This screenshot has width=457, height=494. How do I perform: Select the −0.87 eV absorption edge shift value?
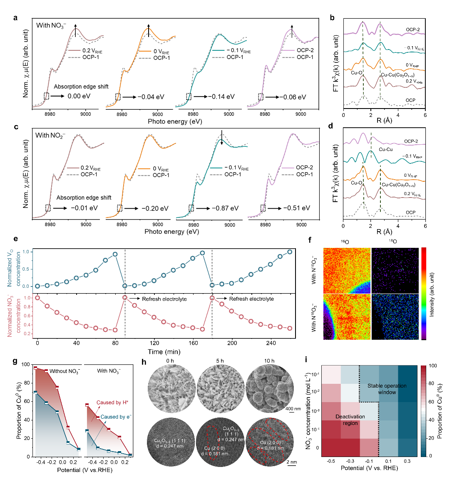click(225, 208)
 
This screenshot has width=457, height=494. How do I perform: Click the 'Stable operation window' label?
click(387, 389)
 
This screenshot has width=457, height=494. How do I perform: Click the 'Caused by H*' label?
click(112, 403)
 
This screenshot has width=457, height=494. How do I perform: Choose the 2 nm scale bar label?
click(291, 462)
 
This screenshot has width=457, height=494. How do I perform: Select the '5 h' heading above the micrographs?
click(221, 361)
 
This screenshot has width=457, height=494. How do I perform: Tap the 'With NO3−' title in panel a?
click(51, 25)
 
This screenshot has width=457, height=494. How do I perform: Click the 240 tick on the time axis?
click(271, 343)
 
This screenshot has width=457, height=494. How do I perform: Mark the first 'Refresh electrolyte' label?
click(164, 299)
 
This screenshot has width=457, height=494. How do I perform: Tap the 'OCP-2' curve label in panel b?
click(412, 30)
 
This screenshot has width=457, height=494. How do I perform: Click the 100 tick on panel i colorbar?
click(433, 366)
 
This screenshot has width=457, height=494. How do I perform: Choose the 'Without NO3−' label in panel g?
click(65, 371)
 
